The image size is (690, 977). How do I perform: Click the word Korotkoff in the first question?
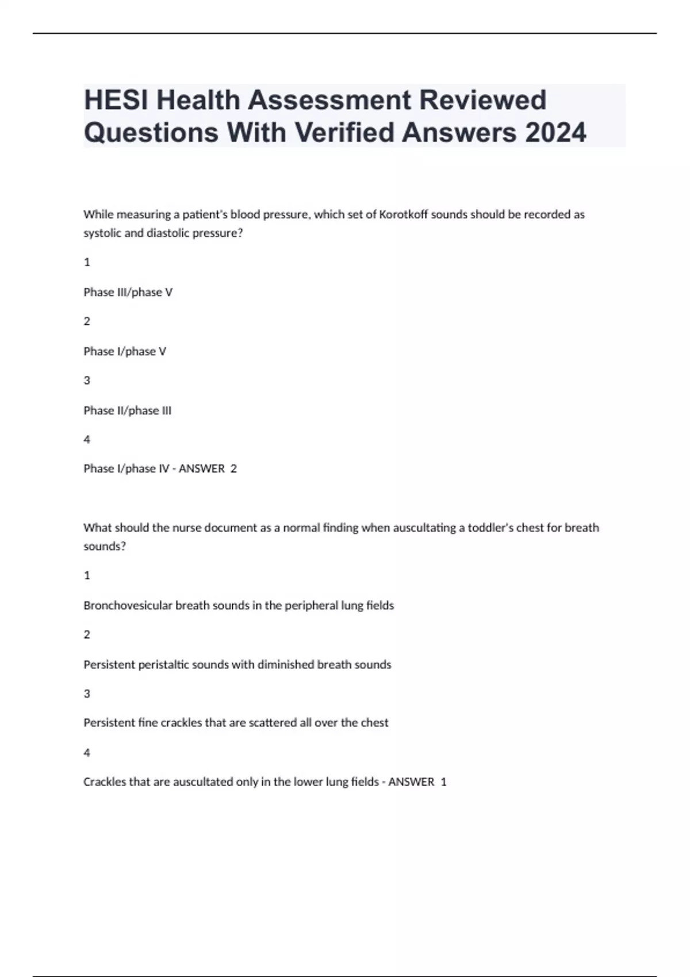[404, 214]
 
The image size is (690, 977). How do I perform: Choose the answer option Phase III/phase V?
[128, 292]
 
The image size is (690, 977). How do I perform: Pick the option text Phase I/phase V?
[125, 351]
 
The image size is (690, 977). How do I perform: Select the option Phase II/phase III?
[127, 410]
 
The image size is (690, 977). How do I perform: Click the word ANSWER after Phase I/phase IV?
[201, 469]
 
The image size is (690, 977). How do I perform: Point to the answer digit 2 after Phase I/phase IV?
[233, 469]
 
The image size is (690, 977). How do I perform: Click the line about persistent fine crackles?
[236, 722]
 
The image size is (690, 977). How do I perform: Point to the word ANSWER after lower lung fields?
[411, 782]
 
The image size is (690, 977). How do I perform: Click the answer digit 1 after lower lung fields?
[443, 782]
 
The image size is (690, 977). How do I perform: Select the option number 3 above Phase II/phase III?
[87, 380]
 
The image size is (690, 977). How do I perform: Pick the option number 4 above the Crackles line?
[87, 752]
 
